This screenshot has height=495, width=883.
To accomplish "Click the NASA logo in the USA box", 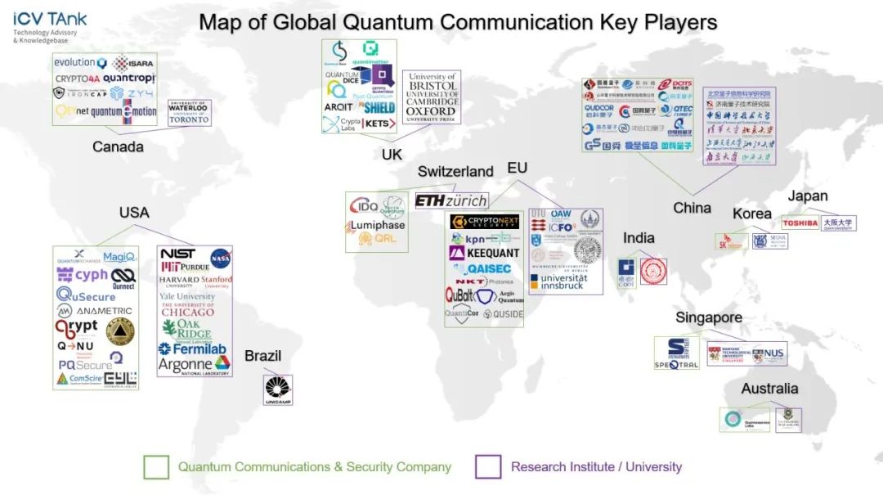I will (220, 258).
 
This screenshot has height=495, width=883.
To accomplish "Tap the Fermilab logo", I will (193, 349).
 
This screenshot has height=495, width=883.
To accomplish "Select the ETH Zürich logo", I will (451, 200).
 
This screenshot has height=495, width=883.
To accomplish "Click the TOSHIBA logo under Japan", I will (800, 223).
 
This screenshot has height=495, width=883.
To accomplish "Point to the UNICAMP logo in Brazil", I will (278, 390).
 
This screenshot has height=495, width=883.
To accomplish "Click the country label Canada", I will (118, 147).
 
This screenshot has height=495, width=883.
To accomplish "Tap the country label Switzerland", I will (455, 172).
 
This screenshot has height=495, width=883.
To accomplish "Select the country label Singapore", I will (709, 317).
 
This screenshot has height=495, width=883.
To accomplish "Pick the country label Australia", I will (769, 389).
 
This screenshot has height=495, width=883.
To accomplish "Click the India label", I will (639, 238).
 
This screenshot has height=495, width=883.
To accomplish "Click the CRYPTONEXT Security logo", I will (485, 222).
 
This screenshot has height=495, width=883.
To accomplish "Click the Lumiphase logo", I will (377, 225).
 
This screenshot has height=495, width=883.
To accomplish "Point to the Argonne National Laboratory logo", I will (194, 366).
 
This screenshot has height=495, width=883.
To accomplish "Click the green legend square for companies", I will (155, 467).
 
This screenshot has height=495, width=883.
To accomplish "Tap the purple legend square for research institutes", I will (488, 467).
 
